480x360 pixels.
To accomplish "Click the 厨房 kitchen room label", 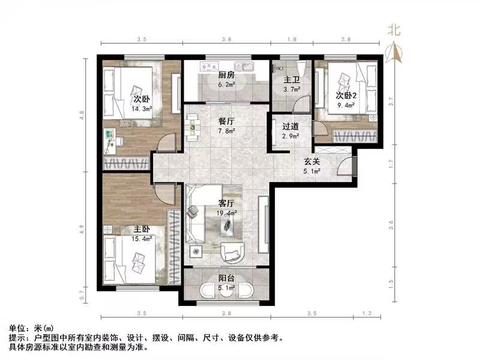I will (x=226, y=75).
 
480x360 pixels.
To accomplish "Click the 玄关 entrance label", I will (x=311, y=161).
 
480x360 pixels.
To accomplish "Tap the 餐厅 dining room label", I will (x=226, y=120).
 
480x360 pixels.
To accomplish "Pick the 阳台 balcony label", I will (x=226, y=278).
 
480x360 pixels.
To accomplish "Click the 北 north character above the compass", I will (x=394, y=29).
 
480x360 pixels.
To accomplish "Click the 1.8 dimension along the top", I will (x=292, y=38).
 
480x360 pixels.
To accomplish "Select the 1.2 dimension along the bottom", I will (x=368, y=313).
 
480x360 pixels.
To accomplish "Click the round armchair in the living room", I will (x=233, y=253).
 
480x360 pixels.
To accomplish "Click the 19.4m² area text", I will (x=226, y=212).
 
